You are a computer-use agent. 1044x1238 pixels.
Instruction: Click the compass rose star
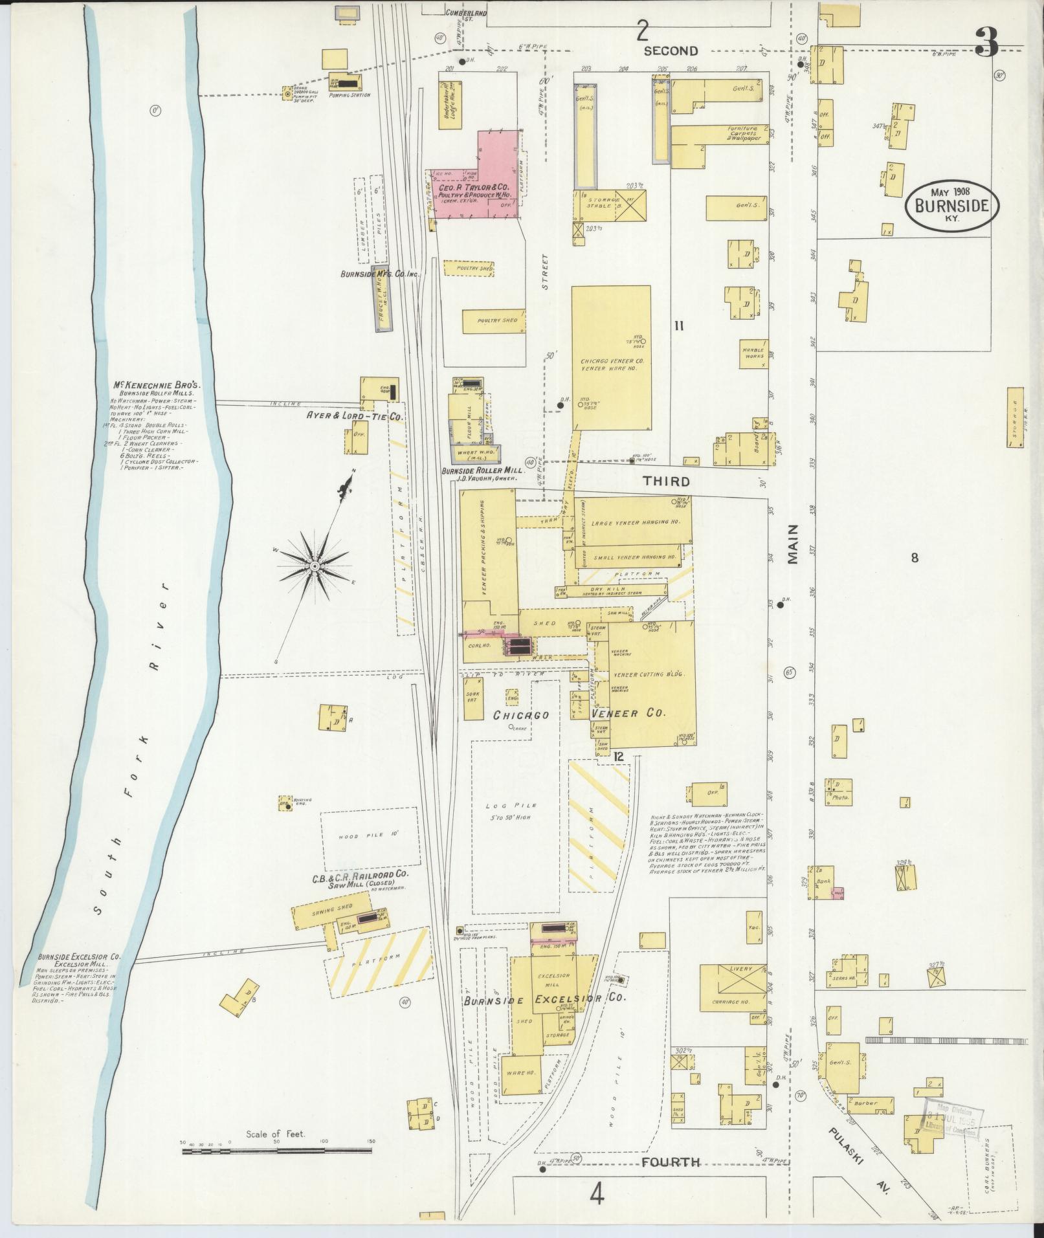(314, 566)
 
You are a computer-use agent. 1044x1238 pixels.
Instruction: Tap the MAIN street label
(794, 545)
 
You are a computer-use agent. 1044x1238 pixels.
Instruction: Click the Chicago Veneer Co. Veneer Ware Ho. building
(611, 358)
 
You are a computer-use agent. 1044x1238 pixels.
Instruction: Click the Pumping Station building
(344, 82)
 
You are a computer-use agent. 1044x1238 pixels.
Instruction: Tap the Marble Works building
(753, 353)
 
